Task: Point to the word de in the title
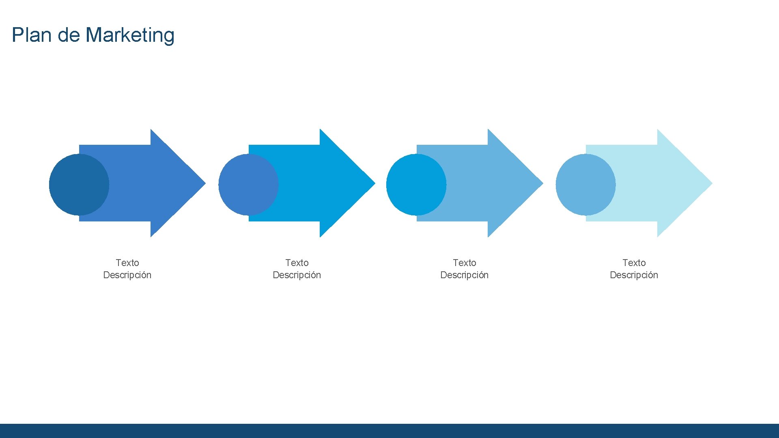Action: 69,35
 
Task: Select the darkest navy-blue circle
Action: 79,185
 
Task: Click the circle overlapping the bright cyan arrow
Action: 248,185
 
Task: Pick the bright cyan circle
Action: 416,185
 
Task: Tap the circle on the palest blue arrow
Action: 585,185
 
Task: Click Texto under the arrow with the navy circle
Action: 127,263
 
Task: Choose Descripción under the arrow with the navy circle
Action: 127,275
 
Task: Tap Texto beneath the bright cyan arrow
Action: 297,263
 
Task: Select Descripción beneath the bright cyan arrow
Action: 297,275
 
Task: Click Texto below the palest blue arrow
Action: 634,263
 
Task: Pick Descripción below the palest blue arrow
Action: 634,275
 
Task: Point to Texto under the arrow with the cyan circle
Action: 465,263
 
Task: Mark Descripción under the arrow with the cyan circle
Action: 465,275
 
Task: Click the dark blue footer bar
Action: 389,431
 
